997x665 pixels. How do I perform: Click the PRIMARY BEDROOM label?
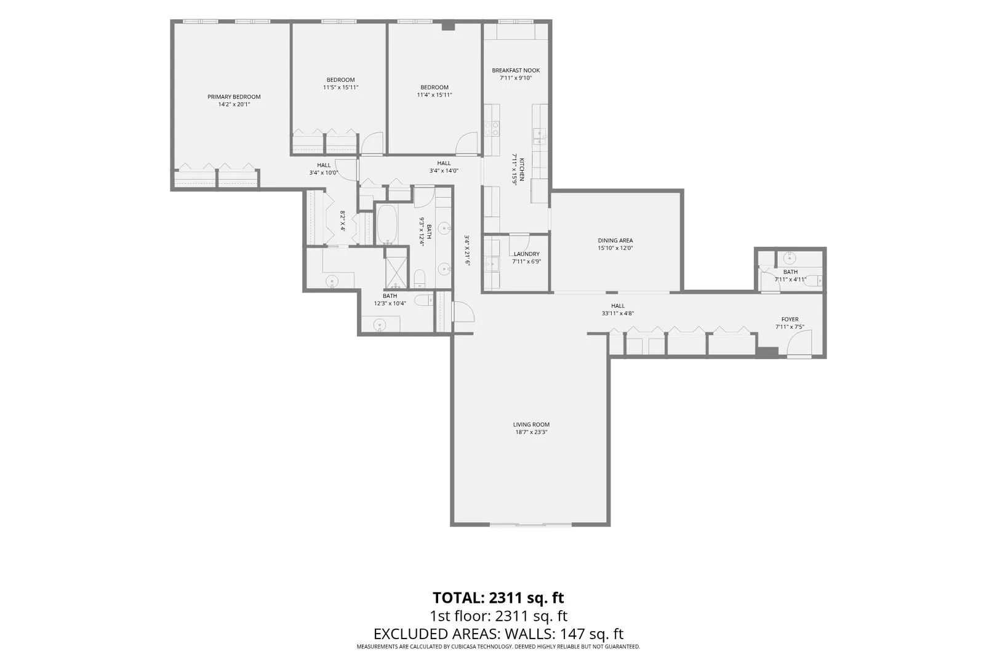pos(234,97)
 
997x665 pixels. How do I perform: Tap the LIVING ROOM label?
pos(531,424)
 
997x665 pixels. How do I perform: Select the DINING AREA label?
pos(615,241)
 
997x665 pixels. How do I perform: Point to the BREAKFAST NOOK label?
pos(516,70)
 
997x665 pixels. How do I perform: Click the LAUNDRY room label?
pos(527,254)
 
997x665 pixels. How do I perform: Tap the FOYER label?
pos(790,320)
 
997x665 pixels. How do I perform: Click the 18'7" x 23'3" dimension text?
pos(531,432)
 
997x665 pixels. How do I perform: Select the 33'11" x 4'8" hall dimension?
pos(618,313)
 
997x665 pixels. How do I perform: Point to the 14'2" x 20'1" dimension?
pos(234,104)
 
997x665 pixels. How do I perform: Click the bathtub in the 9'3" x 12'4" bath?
pos(387,224)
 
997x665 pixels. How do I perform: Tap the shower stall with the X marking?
pos(396,268)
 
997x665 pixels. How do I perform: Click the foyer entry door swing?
pos(799,342)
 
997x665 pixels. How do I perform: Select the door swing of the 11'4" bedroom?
pos(467,143)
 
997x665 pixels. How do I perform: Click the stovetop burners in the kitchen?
pos(492,129)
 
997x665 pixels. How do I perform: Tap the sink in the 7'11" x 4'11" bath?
pos(789,257)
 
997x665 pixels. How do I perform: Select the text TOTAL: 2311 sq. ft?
pos(498,597)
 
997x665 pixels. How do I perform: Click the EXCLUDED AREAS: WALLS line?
pos(498,634)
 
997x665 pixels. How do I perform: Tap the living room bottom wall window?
pos(531,525)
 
